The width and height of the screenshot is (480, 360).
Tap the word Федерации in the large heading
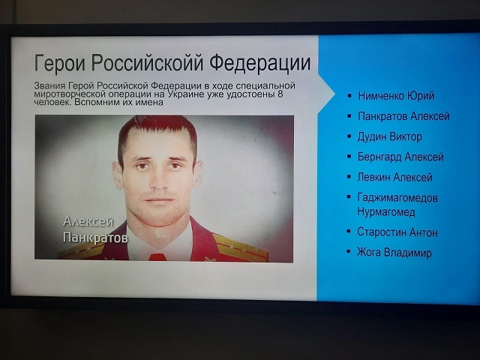click(260, 62)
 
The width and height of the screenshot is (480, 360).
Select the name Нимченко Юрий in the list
click(396, 96)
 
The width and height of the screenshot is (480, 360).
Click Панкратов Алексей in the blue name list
click(403, 116)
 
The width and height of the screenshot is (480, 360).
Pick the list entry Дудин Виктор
click(390, 136)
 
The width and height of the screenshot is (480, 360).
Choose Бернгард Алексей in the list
click(400, 157)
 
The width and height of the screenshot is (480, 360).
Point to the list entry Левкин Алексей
click(395, 177)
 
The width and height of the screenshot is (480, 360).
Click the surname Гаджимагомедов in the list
click(397, 198)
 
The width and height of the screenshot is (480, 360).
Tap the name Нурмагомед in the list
click(386, 211)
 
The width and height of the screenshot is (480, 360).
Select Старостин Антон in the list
click(397, 232)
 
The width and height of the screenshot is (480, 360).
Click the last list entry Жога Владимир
click(394, 253)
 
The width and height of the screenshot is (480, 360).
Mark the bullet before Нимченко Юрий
click(349, 96)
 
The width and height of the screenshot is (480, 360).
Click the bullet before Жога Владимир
click(348, 252)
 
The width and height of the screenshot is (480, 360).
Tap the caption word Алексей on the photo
click(88, 221)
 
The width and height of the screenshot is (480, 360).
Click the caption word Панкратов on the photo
click(95, 238)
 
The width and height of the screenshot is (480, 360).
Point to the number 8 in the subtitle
click(280, 94)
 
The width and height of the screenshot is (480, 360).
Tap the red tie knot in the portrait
click(157, 257)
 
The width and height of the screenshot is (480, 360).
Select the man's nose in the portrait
click(158, 179)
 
